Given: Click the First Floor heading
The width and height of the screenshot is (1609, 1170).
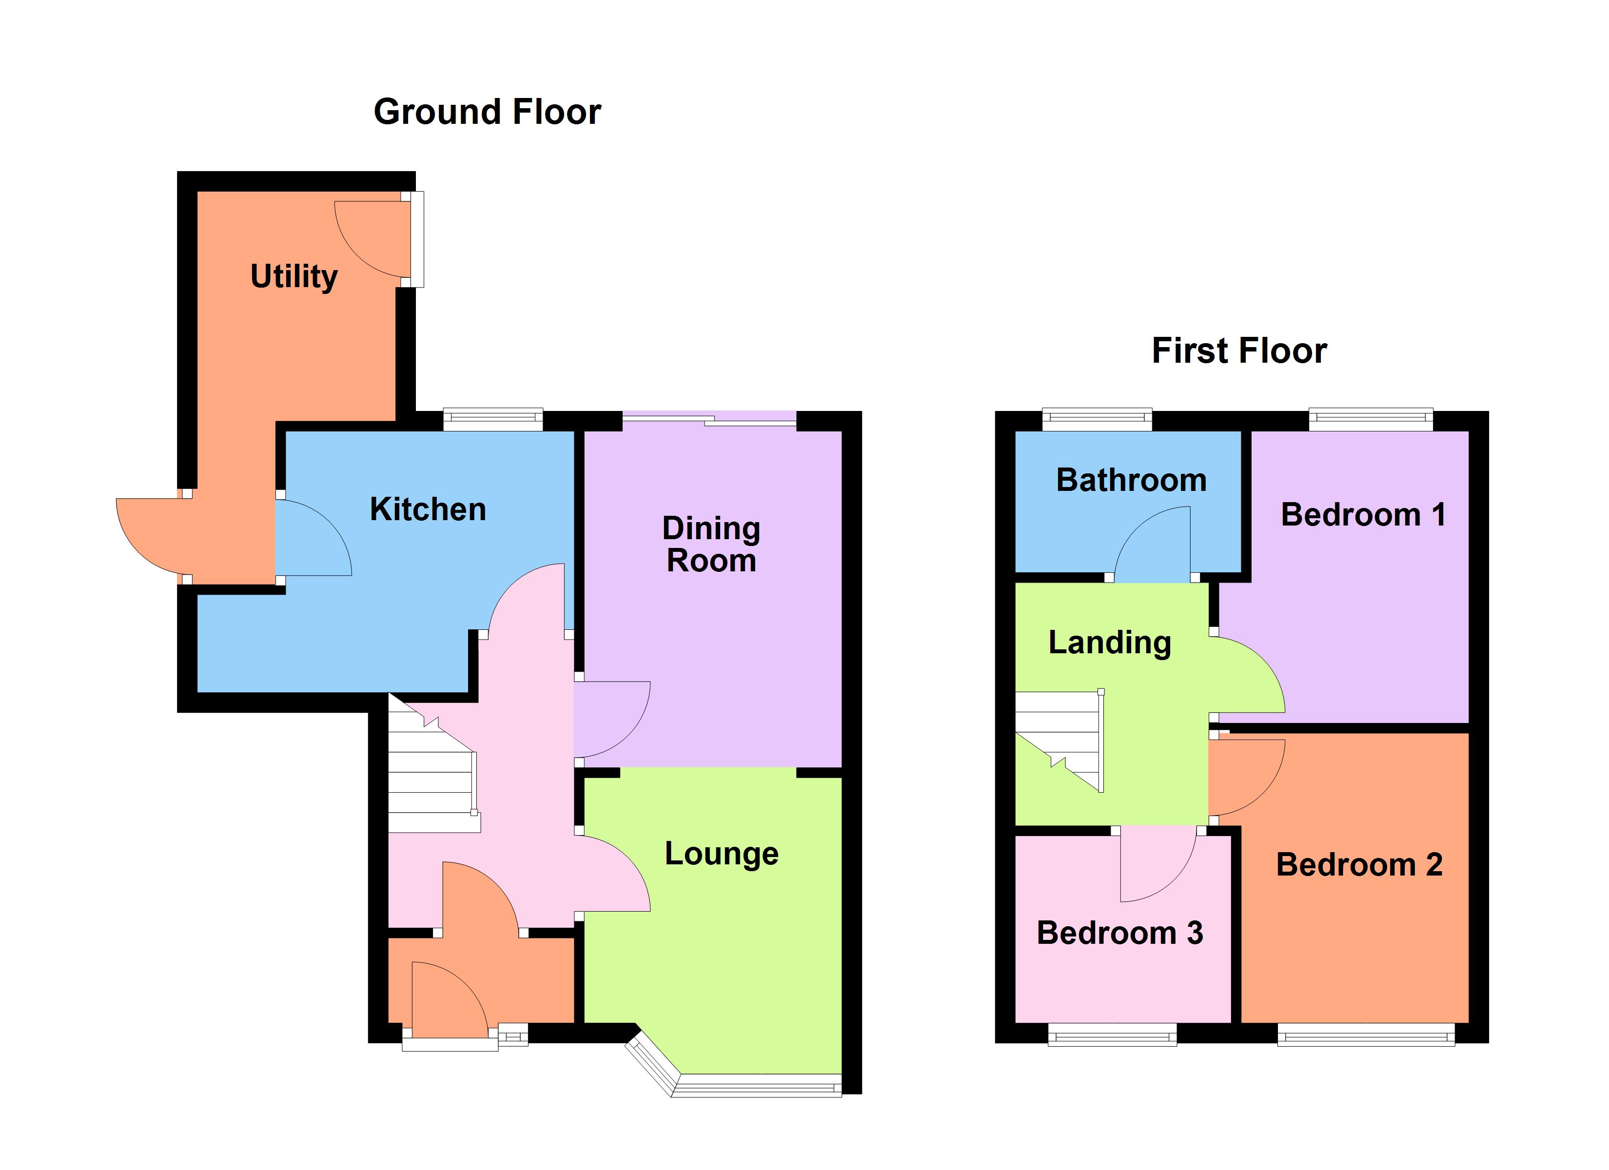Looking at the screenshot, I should coord(1238,351).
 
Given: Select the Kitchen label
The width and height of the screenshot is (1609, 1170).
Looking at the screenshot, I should coord(428,509).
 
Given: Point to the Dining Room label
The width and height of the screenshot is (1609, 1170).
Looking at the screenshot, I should coord(711,544).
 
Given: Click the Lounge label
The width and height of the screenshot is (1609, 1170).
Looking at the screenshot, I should coord(721,854).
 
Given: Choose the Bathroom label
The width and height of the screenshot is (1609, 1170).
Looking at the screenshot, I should coord(1131,480).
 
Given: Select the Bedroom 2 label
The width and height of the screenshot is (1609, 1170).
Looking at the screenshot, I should coord(1358,865).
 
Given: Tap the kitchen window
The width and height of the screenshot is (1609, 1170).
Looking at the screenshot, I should coord(493,419).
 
